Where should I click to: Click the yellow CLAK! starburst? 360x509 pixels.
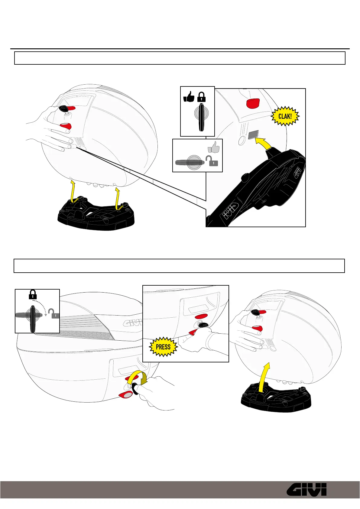click(x=285, y=116)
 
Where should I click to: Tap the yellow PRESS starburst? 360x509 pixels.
click(x=163, y=347)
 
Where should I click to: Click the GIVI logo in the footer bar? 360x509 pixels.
click(x=306, y=489)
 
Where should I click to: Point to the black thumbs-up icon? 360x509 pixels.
click(x=189, y=97)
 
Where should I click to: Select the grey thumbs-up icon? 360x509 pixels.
click(x=213, y=147)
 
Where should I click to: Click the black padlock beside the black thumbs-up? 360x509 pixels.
click(x=202, y=97)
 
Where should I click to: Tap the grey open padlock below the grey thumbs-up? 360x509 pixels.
click(x=211, y=161)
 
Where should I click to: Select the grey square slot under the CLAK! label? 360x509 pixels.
click(x=253, y=135)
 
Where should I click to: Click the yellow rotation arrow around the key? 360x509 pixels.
click(x=137, y=378)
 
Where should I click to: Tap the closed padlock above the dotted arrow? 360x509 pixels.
click(x=33, y=294)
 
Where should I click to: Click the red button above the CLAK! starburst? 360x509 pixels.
click(x=253, y=103)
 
